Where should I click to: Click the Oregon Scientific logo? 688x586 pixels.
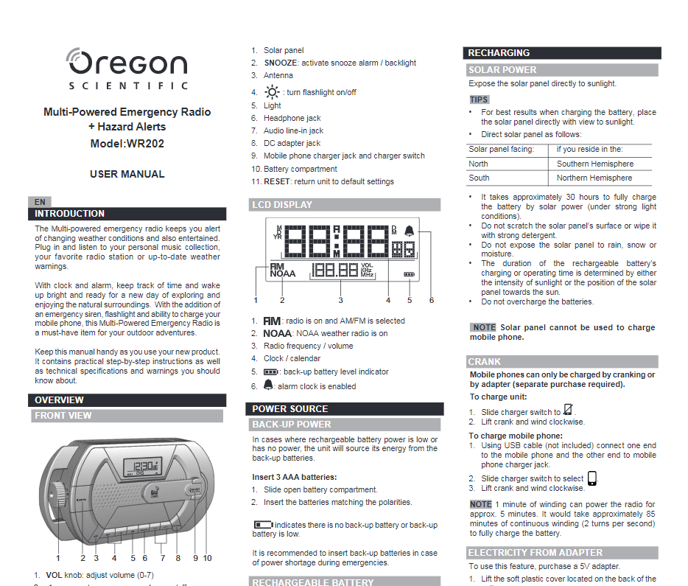click(127, 69)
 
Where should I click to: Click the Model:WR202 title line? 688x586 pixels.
click(127, 144)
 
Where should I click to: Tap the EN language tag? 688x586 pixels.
click(40, 201)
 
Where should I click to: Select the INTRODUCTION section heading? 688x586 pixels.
click(70, 214)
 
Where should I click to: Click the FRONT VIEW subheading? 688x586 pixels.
click(63, 416)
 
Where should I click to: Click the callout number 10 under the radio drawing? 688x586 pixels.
click(207, 558)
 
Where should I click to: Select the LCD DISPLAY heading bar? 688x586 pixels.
click(282, 205)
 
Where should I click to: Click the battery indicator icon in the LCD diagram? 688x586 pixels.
click(409, 274)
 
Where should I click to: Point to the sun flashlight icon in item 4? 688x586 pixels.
click(273, 92)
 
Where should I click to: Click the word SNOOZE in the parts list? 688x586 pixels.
click(281, 63)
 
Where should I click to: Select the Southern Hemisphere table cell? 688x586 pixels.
click(594, 164)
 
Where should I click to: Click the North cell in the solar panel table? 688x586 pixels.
click(478, 164)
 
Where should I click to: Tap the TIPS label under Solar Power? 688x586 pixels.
click(479, 100)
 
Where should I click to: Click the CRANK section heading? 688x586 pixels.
click(484, 362)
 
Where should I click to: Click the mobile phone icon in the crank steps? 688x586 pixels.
click(592, 478)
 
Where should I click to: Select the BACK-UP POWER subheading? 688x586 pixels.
click(292, 425)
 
